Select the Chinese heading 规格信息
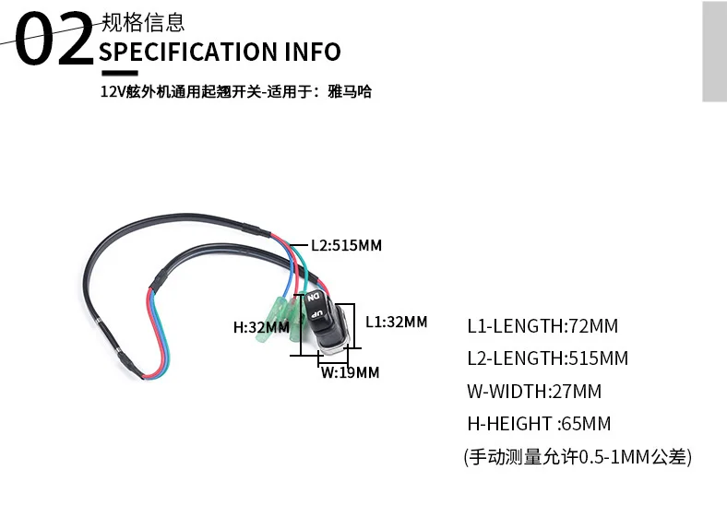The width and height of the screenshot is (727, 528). [142, 20]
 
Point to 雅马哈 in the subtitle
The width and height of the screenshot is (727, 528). [350, 93]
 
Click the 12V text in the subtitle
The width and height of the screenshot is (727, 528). [113, 93]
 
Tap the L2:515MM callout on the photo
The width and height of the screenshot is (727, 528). [345, 246]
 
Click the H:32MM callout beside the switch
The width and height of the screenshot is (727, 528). [260, 326]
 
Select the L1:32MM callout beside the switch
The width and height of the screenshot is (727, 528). [396, 322]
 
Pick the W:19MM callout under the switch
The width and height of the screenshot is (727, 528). [350, 372]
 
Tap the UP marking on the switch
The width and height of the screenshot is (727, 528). [316, 315]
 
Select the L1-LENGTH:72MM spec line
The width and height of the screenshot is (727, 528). [542, 325]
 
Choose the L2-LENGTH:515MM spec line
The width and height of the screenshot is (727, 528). [547, 358]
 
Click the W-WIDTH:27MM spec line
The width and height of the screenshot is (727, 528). [534, 391]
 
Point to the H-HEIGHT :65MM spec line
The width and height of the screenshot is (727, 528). [539, 424]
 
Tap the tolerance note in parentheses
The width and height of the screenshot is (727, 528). [578, 456]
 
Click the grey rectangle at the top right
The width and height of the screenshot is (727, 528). [714, 51]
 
